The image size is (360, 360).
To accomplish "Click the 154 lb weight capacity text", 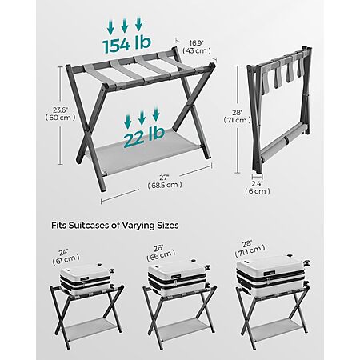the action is point(126,44).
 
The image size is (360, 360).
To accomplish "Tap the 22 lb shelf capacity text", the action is point(144,138).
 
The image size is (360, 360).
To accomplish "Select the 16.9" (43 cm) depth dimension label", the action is point(197,47).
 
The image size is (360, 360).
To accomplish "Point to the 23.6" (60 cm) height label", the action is point(60,114).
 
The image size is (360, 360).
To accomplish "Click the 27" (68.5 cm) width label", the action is point(165,181).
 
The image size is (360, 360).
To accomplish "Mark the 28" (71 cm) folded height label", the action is point(237,116).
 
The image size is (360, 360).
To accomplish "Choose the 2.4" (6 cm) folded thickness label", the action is point(258,187).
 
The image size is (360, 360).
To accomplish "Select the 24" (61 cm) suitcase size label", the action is point(66,256).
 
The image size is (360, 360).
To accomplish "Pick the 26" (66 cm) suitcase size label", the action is point(161,252).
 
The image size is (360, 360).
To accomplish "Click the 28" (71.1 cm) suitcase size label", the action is point(250,248).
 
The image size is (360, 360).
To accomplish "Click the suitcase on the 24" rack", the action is point(86,278).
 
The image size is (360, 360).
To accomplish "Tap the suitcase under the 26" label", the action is point(178,278).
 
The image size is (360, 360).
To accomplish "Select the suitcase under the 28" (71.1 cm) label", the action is point(273,274).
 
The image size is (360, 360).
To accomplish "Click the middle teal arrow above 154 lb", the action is point(125,26).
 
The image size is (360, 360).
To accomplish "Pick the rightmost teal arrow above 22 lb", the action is point(156,114).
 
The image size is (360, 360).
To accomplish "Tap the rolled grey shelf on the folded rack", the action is point(282,141).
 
